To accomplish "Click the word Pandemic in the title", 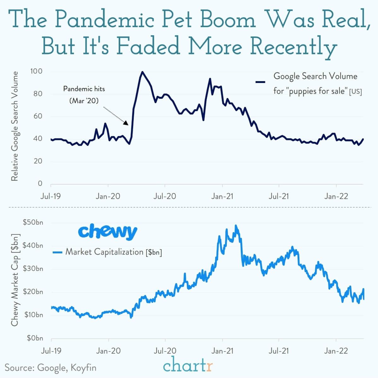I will [104, 20].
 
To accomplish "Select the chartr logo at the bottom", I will [188, 366].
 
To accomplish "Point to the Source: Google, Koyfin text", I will [50, 368].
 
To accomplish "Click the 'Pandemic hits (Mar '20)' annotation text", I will [84, 95].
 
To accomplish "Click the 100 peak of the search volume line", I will [142, 72].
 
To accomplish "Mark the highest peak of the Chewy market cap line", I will [236, 226].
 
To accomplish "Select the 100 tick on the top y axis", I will [36, 71].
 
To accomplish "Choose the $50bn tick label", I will [33, 222].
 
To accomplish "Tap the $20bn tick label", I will [33, 292].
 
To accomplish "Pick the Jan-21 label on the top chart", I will [222, 196].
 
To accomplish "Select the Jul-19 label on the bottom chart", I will [51, 351].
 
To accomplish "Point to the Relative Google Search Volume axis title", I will [15, 126].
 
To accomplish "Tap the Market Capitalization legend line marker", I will [57, 252].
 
